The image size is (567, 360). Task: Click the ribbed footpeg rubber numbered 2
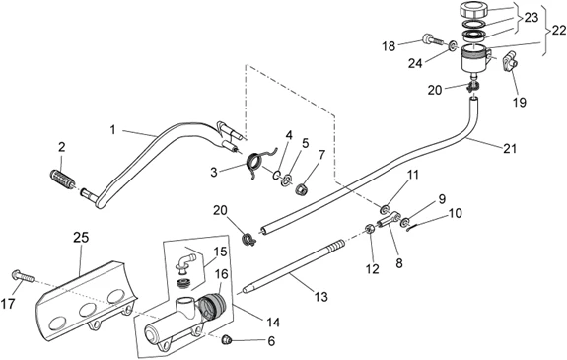tap(62, 178)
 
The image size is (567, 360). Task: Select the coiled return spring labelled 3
tap(257, 162)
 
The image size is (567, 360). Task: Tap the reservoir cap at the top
tap(473, 10)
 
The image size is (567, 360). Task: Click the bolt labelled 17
tap(23, 276)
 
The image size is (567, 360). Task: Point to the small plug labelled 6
tap(227, 339)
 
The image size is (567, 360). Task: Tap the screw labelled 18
tap(433, 39)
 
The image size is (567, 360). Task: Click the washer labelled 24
tap(453, 46)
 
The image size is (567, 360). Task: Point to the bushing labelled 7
tap(302, 188)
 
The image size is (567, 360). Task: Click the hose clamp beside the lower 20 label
tap(249, 238)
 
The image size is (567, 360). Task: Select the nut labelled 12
tap(370, 229)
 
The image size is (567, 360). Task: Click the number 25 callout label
tap(82, 238)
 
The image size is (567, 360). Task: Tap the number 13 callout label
tap(320, 297)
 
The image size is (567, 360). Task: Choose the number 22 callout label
tap(559, 31)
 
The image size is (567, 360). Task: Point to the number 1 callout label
tap(113, 129)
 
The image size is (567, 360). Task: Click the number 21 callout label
tap(510, 148)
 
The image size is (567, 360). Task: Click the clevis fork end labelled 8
tap(389, 219)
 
